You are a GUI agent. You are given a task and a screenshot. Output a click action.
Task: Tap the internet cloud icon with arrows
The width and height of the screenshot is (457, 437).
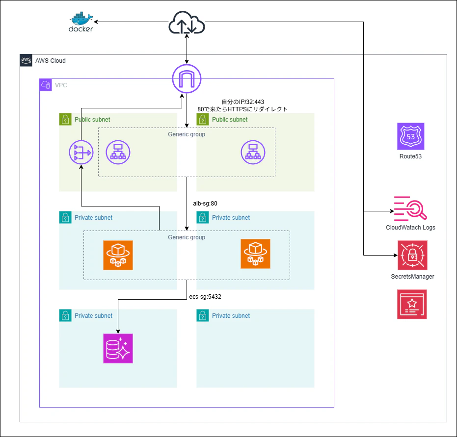pos(187,23)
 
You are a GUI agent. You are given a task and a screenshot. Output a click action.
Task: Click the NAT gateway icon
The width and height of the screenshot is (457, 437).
pos(81,153)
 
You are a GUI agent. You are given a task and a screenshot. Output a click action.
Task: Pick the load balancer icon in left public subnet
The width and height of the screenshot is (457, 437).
pos(118,153)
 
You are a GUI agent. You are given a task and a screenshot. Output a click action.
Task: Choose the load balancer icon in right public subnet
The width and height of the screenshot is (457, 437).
pos(253,153)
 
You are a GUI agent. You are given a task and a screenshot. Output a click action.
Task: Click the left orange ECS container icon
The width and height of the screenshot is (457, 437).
pos(118,255)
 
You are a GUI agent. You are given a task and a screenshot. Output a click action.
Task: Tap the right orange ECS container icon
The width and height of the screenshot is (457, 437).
pos(255,254)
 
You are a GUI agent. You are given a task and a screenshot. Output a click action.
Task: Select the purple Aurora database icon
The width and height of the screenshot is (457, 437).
pos(118,348)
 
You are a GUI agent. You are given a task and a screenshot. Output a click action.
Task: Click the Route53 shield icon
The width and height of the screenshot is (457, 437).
pos(411,136)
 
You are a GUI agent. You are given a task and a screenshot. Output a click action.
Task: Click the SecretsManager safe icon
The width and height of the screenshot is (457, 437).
pos(412,255)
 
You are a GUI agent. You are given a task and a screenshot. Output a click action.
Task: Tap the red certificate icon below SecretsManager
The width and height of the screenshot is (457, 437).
pos(412,304)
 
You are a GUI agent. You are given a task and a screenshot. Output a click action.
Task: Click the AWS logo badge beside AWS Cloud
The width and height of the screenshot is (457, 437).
pos(26,60)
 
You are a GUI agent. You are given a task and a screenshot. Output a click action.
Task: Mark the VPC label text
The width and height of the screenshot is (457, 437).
pos(61,85)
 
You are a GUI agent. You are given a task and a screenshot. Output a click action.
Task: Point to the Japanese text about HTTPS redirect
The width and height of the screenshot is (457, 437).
pos(242,109)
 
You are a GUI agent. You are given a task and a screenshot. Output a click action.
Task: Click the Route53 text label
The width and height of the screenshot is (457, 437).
pos(411,157)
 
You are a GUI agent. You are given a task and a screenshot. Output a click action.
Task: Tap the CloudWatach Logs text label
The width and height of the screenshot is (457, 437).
pos(410,228)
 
